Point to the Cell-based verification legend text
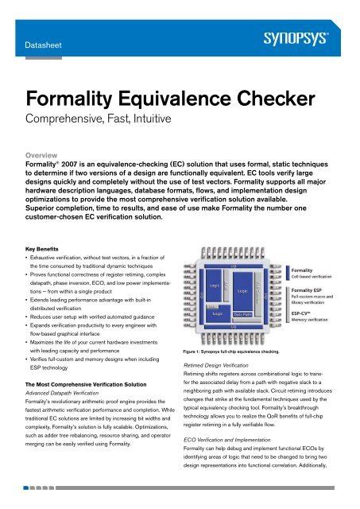tap(318, 278)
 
